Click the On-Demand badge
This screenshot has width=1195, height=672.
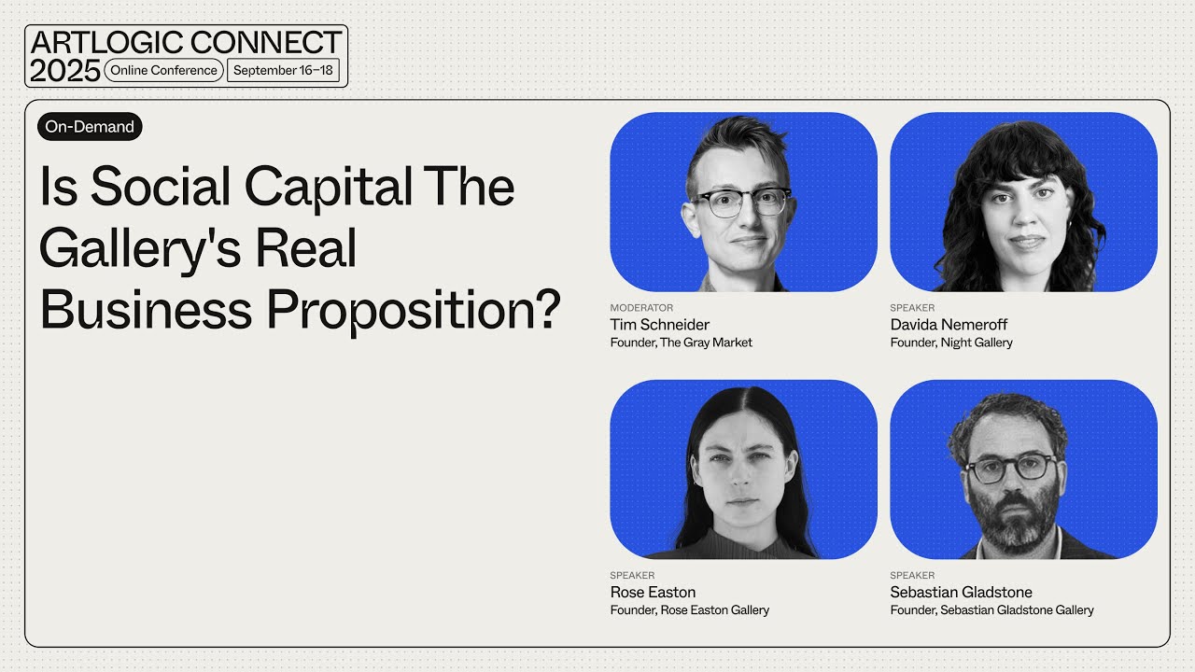coord(90,127)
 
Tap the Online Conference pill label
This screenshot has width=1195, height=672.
coord(163,70)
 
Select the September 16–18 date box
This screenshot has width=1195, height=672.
coord(283,70)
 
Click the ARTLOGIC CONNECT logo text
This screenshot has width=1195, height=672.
coord(186,42)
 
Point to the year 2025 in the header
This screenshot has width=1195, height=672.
coord(64,70)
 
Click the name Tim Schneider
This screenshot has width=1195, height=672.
coord(659,325)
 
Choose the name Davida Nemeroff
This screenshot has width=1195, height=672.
coord(949,325)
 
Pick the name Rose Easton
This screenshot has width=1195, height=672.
coord(653,592)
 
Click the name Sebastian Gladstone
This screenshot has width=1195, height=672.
coord(961,592)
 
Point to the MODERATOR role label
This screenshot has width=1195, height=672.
coord(641,307)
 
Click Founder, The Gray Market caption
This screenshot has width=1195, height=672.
coord(681,343)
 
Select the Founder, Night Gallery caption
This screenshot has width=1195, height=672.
coord(951,343)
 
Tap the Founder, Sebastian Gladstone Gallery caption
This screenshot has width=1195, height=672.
coord(991,610)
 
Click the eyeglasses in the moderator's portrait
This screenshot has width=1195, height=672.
coord(742,202)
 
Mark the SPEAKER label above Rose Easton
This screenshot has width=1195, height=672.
coord(632,575)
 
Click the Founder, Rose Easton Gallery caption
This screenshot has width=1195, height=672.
coord(689,610)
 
